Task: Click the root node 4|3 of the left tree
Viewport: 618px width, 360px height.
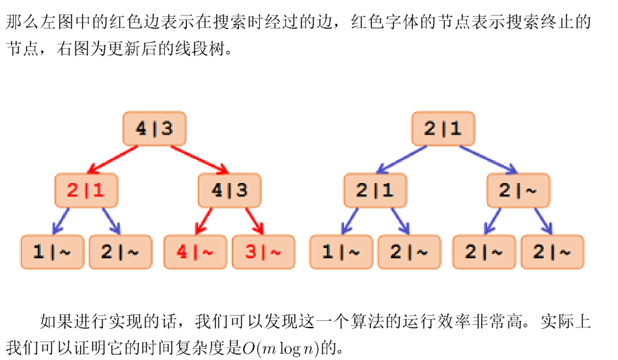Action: pos(154,129)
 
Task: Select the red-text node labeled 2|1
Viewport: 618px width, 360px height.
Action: pos(87,191)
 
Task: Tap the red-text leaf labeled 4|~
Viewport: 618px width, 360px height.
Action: pos(195,252)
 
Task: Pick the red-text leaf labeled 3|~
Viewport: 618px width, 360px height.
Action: pos(263,252)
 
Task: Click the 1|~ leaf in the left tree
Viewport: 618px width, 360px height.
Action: pos(52,252)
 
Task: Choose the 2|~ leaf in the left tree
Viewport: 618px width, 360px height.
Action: pos(120,252)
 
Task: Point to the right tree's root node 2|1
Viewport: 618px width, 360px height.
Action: pos(443,129)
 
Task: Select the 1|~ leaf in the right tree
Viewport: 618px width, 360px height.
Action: pos(341,252)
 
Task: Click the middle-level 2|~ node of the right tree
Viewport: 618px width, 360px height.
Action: pos(518,191)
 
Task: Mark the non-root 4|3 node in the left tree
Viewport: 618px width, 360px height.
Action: pos(229,191)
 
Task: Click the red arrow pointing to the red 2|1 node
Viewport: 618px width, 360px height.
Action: pos(113,159)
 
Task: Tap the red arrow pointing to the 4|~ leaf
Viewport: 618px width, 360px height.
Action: pos(204,221)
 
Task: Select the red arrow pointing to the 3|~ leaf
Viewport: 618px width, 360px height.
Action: pos(255,221)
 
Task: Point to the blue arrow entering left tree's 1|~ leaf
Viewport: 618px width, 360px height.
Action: pos(61,221)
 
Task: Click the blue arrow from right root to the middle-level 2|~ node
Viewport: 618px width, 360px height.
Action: pos(488,159)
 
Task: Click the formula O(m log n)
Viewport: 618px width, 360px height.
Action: pos(281,348)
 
